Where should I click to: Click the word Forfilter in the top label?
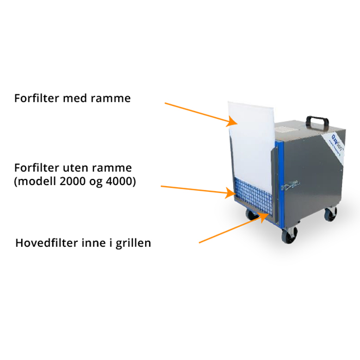(35, 98)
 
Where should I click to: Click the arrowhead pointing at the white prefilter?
(232, 122)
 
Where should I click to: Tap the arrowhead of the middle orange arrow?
(229, 193)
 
